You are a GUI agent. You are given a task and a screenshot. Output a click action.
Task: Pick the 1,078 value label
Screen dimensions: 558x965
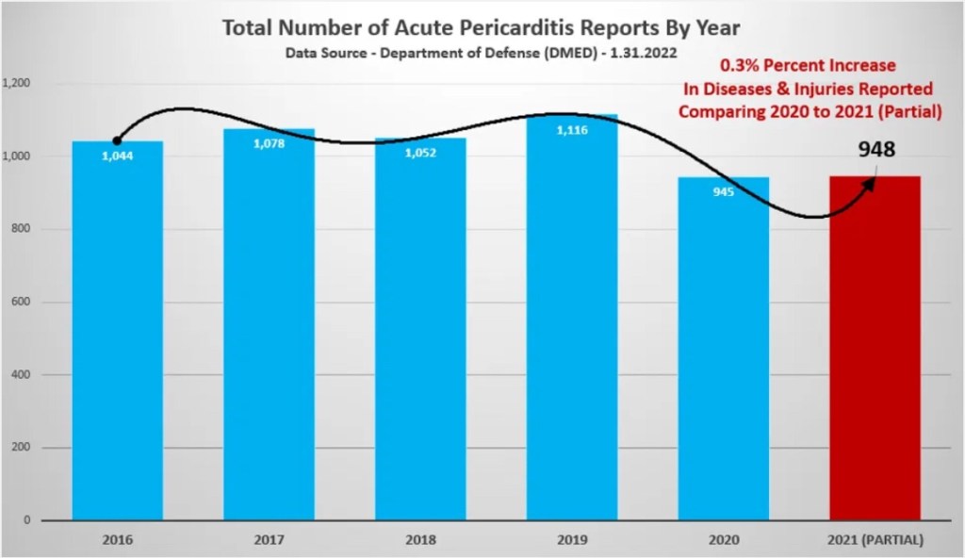coord(269,144)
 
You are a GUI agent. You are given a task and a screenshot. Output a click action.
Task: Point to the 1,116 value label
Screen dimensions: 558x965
coord(572,130)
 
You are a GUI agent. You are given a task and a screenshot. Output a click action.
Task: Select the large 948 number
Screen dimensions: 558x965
coord(876,149)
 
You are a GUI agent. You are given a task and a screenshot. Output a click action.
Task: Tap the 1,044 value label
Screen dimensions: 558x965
coord(118,156)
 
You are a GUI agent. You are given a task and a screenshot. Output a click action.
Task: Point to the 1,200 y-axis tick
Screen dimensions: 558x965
coord(17,83)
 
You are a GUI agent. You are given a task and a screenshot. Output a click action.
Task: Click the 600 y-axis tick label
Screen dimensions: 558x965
coord(22,302)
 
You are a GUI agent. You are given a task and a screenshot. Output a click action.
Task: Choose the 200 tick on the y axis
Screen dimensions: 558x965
coord(22,448)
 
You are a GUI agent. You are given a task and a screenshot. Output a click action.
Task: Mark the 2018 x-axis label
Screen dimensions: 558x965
coord(420,540)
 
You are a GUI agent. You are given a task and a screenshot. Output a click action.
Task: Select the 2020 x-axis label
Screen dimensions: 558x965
coord(723,540)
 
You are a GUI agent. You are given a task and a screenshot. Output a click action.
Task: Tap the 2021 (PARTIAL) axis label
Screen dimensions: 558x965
coord(875,540)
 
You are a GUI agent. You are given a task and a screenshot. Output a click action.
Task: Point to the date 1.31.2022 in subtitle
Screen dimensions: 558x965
coord(645,54)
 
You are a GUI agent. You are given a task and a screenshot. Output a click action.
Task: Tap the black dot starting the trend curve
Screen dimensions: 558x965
coord(117,141)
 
